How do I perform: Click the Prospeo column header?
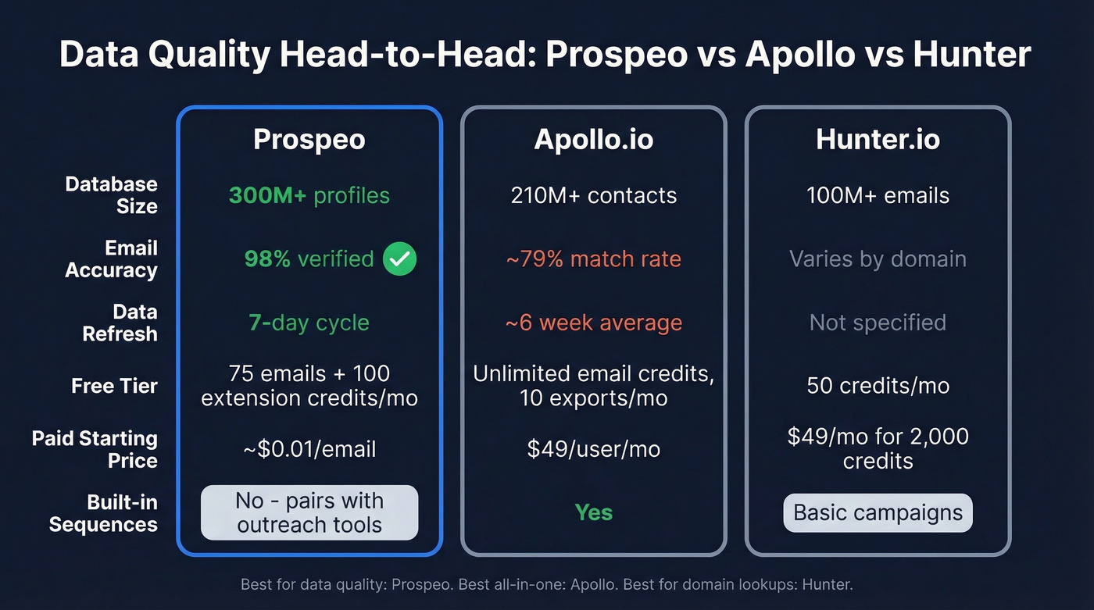[309, 139]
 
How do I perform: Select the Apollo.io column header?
[594, 139]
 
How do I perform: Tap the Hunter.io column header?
[878, 139]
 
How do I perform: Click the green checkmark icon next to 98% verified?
[399, 259]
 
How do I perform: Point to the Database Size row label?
[111, 195]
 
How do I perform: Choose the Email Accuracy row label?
[111, 259]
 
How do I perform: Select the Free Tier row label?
[114, 386]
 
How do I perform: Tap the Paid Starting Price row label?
[95, 449]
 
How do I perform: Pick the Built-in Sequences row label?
[103, 513]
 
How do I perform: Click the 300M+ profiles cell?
[309, 195]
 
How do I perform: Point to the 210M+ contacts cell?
[594, 195]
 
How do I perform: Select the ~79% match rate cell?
[594, 259]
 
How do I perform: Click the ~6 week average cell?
[594, 323]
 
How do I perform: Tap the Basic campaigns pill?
[878, 512]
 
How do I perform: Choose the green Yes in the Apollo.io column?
[594, 512]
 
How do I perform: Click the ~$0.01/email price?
[309, 449]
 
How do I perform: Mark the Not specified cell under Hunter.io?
[878, 323]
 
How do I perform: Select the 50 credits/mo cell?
[878, 386]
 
